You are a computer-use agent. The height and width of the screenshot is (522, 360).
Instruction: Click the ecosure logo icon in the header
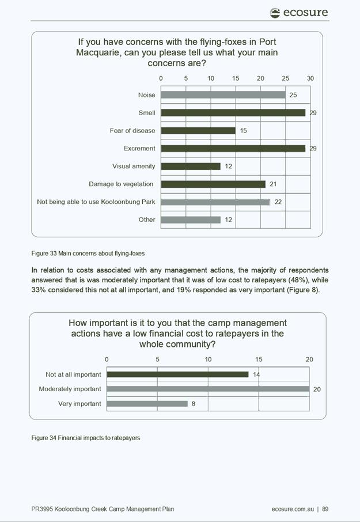pyautogui.click(x=275, y=13)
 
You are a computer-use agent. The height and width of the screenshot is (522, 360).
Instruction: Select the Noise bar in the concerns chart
pyautogui.click(x=223, y=95)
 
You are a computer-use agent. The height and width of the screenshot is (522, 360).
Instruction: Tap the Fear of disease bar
pyautogui.click(x=198, y=130)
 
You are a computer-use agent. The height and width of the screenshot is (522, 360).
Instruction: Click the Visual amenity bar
pyautogui.click(x=191, y=166)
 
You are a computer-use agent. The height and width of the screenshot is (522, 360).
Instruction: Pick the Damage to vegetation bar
pyautogui.click(x=213, y=184)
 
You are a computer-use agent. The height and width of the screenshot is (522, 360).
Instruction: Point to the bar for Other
pyautogui.click(x=191, y=220)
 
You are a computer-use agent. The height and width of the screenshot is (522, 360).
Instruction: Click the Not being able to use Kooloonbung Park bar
pyautogui.click(x=215, y=202)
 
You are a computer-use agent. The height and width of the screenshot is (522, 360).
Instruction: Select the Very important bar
pyautogui.click(x=147, y=404)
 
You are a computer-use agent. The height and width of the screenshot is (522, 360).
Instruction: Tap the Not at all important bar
pyautogui.click(x=177, y=375)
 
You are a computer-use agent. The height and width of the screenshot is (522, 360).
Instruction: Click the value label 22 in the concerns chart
pyautogui.click(x=278, y=202)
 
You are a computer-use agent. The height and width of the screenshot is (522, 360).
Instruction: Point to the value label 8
pyautogui.click(x=194, y=404)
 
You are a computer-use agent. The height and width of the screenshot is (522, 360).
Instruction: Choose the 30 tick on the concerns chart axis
pyautogui.click(x=310, y=78)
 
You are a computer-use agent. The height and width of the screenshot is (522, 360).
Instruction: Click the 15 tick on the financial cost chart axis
pyautogui.click(x=259, y=360)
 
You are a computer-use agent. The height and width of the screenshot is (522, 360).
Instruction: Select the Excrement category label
pyautogui.click(x=139, y=149)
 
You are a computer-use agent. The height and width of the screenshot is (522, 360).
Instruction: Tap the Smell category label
pyautogui.click(x=147, y=113)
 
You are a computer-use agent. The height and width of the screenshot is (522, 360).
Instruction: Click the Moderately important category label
pyautogui.click(x=70, y=389)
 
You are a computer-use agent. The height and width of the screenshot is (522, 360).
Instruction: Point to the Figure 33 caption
pyautogui.click(x=88, y=254)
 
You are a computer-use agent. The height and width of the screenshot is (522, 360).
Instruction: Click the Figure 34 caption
pyautogui.click(x=85, y=438)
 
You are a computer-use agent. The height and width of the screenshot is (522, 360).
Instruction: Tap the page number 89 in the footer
pyautogui.click(x=325, y=509)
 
